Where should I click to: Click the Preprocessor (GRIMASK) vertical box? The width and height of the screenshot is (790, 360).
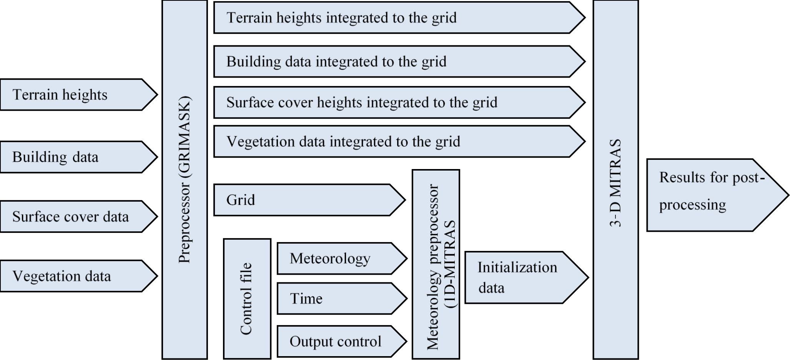(185, 180)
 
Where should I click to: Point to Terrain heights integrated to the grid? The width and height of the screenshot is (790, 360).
(396, 18)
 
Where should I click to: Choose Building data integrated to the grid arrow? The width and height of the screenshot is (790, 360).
(396, 62)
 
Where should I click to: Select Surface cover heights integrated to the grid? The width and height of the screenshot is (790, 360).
(396, 103)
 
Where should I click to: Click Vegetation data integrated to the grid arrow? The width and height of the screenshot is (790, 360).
(396, 142)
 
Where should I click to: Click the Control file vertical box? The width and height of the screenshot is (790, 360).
(247, 299)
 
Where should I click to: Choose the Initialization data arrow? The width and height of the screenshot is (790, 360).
(523, 278)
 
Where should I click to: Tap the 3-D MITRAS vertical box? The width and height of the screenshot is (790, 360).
(615, 180)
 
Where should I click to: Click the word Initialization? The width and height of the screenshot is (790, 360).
(517, 267)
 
